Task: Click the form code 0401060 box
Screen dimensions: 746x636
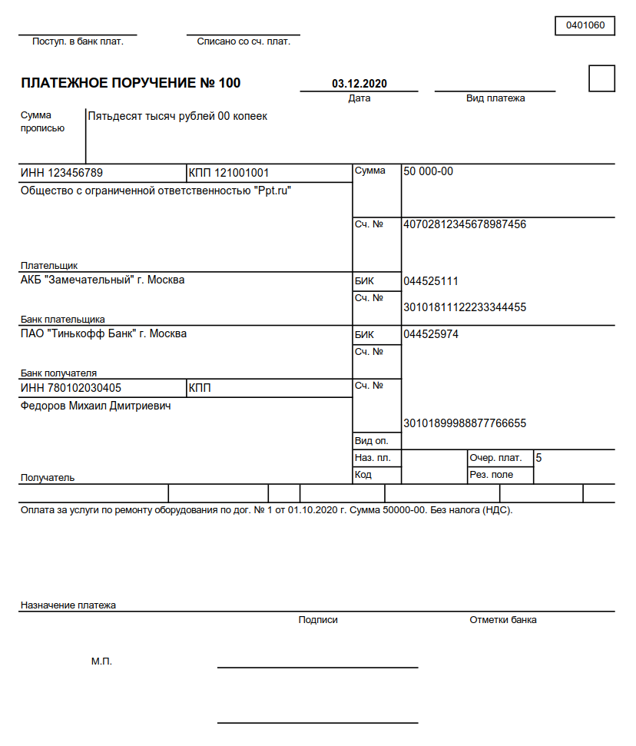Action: pyautogui.click(x=585, y=25)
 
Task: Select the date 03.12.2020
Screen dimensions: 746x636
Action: pyautogui.click(x=359, y=83)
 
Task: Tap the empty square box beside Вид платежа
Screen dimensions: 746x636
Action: pyautogui.click(x=601, y=78)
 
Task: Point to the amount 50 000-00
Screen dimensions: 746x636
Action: pyautogui.click(x=428, y=171)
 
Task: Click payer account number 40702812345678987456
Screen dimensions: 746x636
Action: pyautogui.click(x=465, y=224)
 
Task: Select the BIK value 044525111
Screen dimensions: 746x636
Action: pyautogui.click(x=431, y=281)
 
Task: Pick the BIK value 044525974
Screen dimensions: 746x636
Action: pyautogui.click(x=431, y=334)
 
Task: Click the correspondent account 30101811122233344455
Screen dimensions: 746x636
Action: pyautogui.click(x=465, y=307)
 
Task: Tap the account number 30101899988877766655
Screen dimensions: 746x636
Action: pyautogui.click(x=465, y=423)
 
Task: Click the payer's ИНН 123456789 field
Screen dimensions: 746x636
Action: pyautogui.click(x=61, y=173)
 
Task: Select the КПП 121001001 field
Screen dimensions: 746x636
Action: pyautogui.click(x=228, y=173)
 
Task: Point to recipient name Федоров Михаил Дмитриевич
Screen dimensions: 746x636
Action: pyautogui.click(x=95, y=406)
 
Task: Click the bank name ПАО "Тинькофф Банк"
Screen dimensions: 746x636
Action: pyautogui.click(x=103, y=333)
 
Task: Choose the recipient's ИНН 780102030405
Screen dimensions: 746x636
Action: pyautogui.click(x=71, y=388)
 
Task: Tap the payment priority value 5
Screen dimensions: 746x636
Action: pyautogui.click(x=538, y=458)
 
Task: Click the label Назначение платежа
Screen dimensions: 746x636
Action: pyautogui.click(x=68, y=605)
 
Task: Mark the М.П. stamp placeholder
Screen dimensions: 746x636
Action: pyautogui.click(x=101, y=661)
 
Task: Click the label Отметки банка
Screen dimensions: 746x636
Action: pyautogui.click(x=503, y=620)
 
